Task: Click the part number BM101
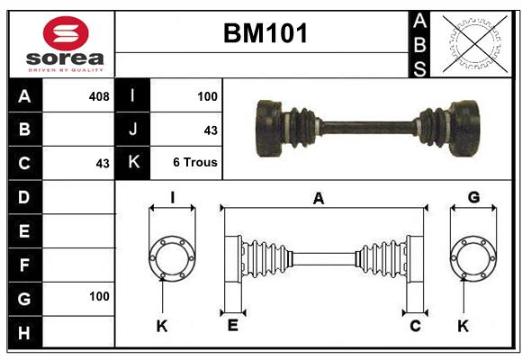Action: [265, 33]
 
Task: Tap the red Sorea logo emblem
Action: [66, 33]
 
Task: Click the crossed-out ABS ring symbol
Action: [475, 44]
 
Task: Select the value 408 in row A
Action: [99, 96]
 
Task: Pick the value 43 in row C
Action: [103, 164]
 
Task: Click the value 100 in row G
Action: [99, 296]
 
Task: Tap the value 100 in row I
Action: [207, 96]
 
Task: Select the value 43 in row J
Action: [211, 130]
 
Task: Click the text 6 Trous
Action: [195, 163]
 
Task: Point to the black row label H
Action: [25, 333]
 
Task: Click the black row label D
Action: [25, 197]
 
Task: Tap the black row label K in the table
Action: [133, 163]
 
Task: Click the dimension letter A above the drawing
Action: [319, 199]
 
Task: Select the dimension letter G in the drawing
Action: [473, 197]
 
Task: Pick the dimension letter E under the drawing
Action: [233, 326]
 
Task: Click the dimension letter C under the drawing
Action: [415, 326]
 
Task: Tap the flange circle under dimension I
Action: [172, 237]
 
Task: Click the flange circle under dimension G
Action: [473, 237]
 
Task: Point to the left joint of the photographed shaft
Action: [285, 128]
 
